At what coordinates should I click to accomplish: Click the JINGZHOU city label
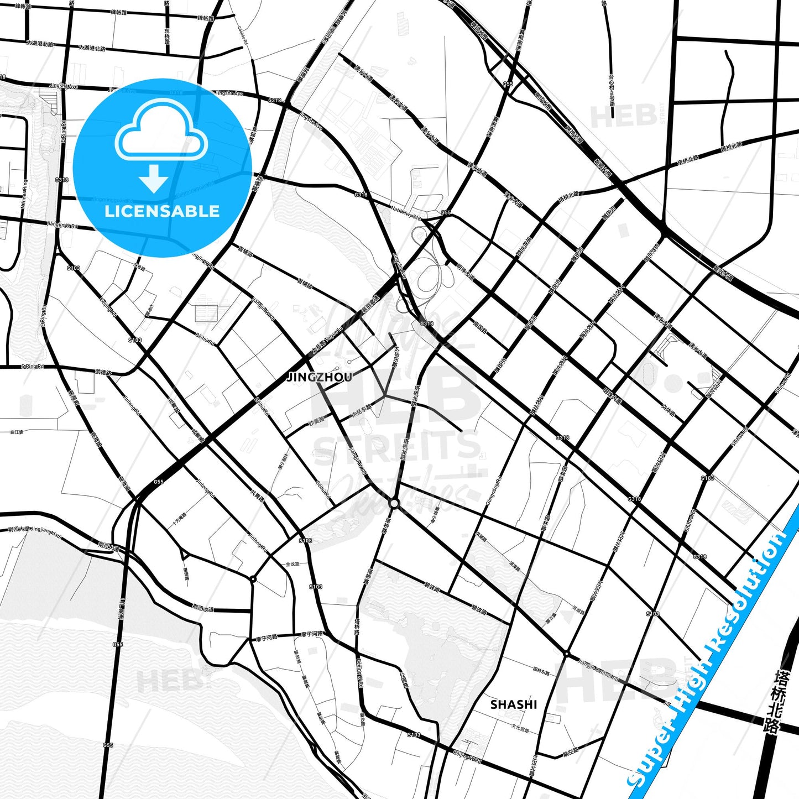point(320,377)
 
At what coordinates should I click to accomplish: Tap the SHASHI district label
point(514,704)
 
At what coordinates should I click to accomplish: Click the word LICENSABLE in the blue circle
point(162,211)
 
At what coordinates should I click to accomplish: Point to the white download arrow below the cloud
point(154,178)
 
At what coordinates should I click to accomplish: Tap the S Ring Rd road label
point(32,367)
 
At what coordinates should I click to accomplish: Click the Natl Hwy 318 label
point(406,210)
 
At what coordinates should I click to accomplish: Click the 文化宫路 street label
point(520,729)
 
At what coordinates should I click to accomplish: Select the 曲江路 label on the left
point(17,432)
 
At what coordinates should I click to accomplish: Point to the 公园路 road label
point(405,678)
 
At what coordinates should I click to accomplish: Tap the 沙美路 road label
point(316,422)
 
